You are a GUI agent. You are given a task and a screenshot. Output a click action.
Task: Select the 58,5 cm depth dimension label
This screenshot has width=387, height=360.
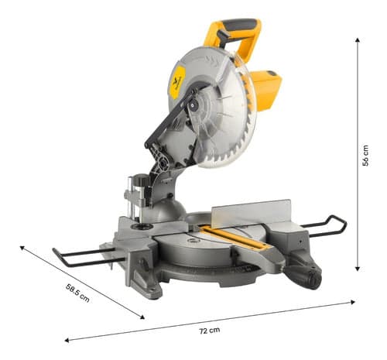[x=77, y=293]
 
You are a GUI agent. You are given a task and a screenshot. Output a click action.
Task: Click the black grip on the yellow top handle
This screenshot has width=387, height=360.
[x=237, y=28]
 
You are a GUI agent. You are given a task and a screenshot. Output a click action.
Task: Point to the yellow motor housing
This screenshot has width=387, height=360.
[x=265, y=89]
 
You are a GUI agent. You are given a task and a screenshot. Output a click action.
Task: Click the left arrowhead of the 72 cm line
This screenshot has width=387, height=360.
[x=67, y=339]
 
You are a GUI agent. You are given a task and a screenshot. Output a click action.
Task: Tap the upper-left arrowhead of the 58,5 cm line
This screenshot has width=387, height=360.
[x=22, y=249]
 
